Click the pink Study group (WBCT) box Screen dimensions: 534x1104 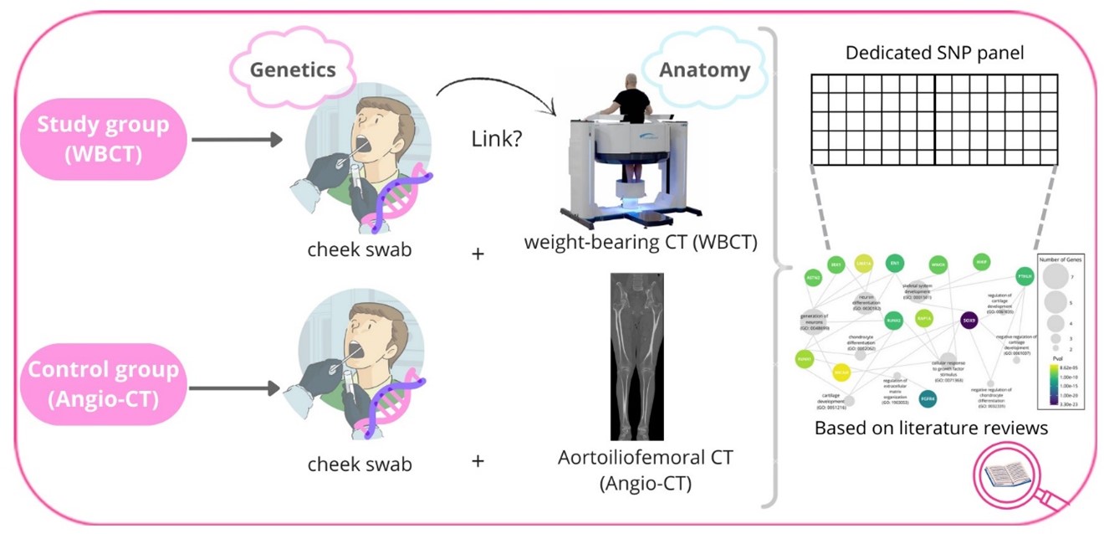(102, 137)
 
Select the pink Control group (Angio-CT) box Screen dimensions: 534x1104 (102, 383)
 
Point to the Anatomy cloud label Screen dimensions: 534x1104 (703, 69)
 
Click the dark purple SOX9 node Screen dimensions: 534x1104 (969, 320)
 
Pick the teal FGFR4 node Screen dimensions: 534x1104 (927, 398)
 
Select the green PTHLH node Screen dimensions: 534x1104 (1024, 276)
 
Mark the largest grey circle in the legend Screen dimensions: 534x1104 (1055, 277)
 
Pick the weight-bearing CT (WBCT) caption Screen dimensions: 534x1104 (641, 244)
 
